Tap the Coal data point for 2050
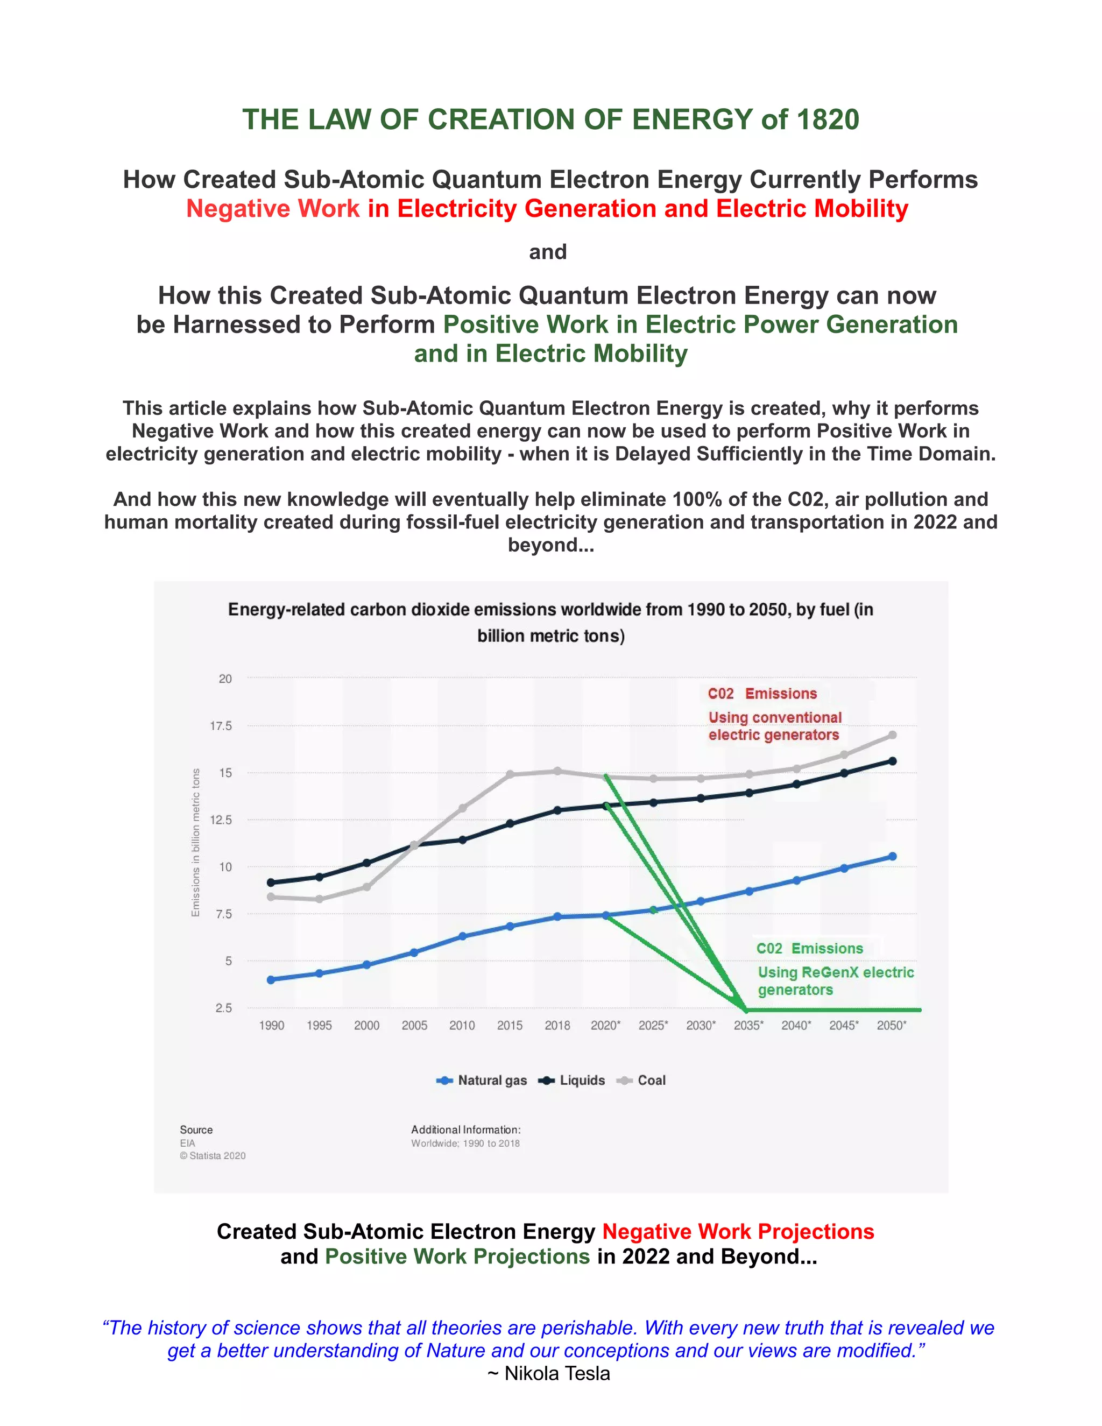tap(893, 735)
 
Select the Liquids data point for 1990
tap(271, 883)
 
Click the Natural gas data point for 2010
tap(462, 936)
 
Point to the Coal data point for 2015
tap(510, 774)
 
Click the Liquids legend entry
tap(572, 1081)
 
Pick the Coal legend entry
tap(642, 1081)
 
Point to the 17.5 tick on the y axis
tap(221, 726)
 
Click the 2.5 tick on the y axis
tap(223, 1008)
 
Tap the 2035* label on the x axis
tap(748, 1026)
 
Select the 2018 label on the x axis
tap(557, 1026)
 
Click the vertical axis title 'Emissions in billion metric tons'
tap(195, 842)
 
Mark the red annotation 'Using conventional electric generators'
tap(774, 726)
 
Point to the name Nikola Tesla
tap(557, 1374)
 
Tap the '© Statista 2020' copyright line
tap(213, 1156)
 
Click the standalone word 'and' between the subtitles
tap(548, 252)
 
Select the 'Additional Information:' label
tap(465, 1129)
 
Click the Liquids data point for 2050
tap(893, 761)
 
